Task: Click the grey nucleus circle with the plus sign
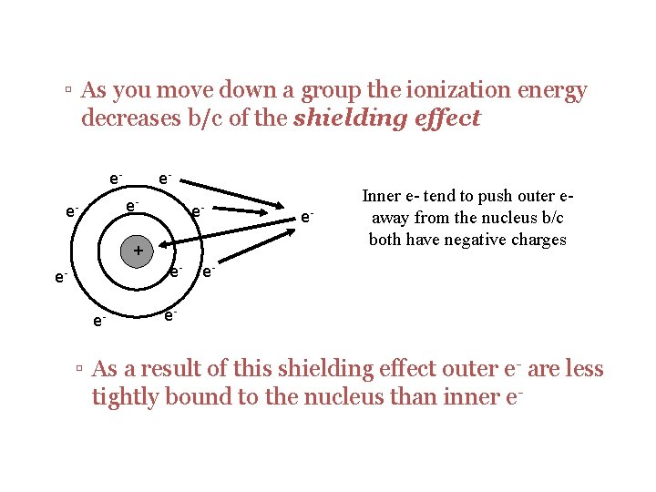pos(137,250)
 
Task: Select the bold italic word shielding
pos(350,118)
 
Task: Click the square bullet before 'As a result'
pos(80,370)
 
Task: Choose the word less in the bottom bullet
pos(582,369)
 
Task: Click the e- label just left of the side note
pos(307,216)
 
